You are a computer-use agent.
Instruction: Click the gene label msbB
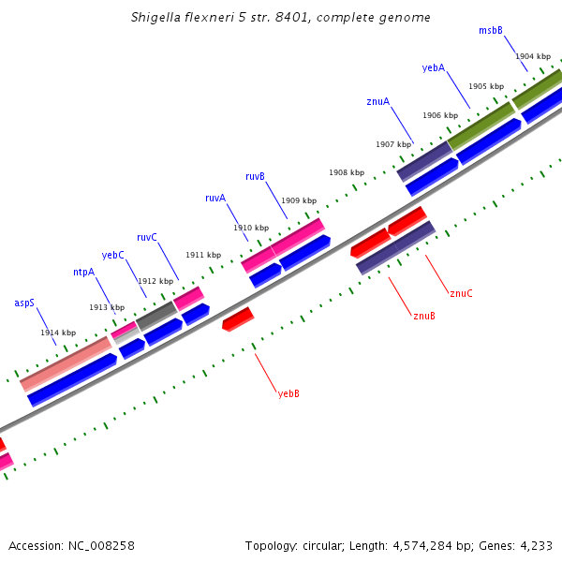click(491, 30)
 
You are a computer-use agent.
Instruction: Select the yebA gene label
click(434, 67)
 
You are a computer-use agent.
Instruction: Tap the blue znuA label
click(378, 101)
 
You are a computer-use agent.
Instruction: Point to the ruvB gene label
click(255, 176)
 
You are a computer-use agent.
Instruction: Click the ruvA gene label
click(215, 198)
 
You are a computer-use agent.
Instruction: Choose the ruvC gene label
click(147, 237)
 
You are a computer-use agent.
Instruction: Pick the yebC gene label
click(112, 255)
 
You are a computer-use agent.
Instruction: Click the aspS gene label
click(24, 303)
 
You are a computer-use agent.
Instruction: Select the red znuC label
click(461, 294)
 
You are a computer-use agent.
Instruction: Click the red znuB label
click(424, 316)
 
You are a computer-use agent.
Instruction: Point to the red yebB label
click(288, 393)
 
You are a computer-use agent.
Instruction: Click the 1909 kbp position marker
click(299, 200)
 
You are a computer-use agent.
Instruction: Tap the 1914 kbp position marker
click(58, 333)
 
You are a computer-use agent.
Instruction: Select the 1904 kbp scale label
click(533, 56)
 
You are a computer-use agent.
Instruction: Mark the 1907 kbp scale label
click(393, 144)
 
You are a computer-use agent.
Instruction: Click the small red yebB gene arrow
click(238, 319)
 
